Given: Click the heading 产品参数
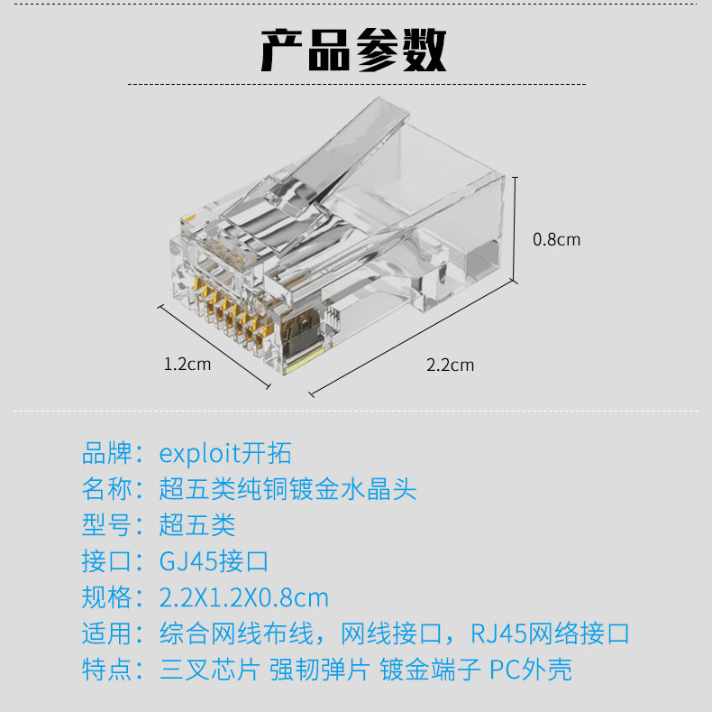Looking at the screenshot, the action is pyautogui.click(x=353, y=50).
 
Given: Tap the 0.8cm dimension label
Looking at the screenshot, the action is pyautogui.click(x=556, y=240).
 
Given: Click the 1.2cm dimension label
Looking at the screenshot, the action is pyautogui.click(x=187, y=365).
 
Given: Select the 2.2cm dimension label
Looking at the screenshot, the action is pyautogui.click(x=450, y=365).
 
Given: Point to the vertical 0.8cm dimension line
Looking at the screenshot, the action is pyautogui.click(x=515, y=229).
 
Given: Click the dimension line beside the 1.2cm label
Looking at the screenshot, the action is pyautogui.click(x=214, y=347).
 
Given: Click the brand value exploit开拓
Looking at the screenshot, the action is pyautogui.click(x=225, y=453).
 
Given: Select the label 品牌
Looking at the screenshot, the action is pyautogui.click(x=107, y=453).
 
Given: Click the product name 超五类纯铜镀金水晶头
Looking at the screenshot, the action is pyautogui.click(x=288, y=489).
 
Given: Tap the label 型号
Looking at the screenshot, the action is pyautogui.click(x=107, y=525).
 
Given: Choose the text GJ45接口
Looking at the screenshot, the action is pyautogui.click(x=214, y=561).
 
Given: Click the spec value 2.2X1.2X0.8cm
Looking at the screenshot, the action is pyautogui.click(x=244, y=597).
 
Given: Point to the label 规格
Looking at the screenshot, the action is pyautogui.click(x=107, y=597).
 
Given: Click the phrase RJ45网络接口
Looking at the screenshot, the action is pyautogui.click(x=550, y=633).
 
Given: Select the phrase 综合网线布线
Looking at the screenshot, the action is pyautogui.click(x=236, y=633).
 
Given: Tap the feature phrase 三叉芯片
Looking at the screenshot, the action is pyautogui.click(x=210, y=670).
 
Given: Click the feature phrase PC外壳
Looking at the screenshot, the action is pyautogui.click(x=530, y=670).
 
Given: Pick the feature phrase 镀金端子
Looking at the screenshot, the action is pyautogui.click(x=430, y=670).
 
